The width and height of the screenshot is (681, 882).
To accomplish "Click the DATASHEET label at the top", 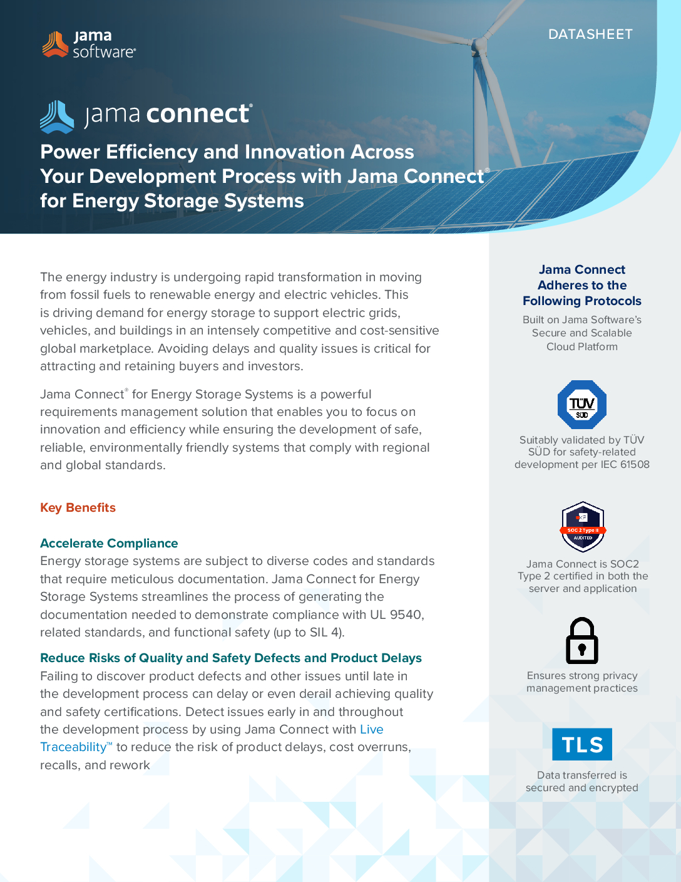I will click(590, 34).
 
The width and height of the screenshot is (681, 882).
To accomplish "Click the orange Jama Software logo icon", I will click(55, 44).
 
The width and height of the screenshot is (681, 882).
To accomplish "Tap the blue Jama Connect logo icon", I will click(57, 117).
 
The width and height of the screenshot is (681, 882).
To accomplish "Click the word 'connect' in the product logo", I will click(198, 114).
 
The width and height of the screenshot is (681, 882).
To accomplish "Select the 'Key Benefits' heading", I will click(78, 507).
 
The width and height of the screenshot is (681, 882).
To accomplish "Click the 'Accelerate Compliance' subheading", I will click(109, 543).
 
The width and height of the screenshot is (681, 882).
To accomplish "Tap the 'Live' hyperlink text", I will click(372, 729).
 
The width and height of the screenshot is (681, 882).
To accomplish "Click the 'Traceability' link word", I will click(73, 747).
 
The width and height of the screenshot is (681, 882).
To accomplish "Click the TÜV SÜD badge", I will click(582, 405).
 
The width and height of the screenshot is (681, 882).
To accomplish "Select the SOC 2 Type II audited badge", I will click(583, 527).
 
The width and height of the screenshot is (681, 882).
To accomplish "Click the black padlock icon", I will click(582, 641).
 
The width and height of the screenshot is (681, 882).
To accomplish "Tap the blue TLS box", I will click(582, 744).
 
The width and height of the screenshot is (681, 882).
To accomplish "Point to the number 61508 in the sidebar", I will click(635, 464).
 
